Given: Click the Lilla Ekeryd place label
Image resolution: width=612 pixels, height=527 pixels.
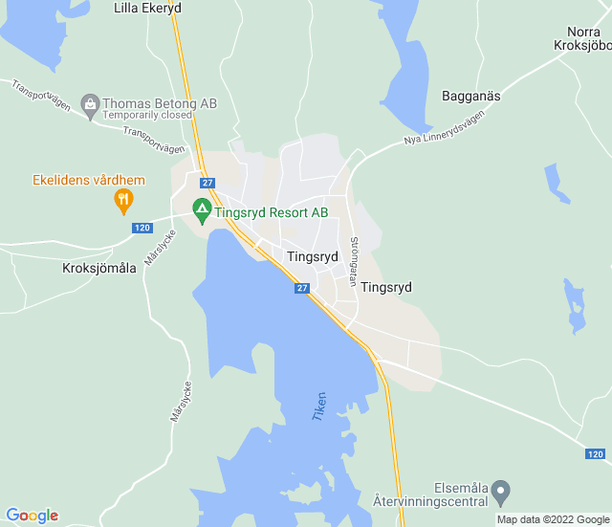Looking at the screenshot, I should pyautogui.click(x=147, y=8).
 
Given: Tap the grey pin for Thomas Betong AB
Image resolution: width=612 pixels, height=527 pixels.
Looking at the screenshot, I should pyautogui.click(x=90, y=103).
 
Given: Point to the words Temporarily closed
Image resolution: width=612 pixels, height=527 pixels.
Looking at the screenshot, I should pyautogui.click(x=148, y=115).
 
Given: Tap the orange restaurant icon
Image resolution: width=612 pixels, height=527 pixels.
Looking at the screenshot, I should pyautogui.click(x=122, y=201).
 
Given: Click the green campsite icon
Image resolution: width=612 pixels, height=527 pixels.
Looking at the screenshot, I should pyautogui.click(x=202, y=209).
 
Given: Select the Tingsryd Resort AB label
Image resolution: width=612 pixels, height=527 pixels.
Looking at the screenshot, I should pyautogui.click(x=272, y=212).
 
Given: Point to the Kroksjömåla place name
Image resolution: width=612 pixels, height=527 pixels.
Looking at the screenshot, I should pyautogui.click(x=99, y=268).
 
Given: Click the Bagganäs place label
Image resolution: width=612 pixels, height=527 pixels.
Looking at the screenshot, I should pyautogui.click(x=471, y=96).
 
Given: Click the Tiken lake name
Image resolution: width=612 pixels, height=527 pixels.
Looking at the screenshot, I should pyautogui.click(x=319, y=406).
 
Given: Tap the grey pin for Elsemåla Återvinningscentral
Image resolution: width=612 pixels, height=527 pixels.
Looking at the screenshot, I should pyautogui.click(x=501, y=493).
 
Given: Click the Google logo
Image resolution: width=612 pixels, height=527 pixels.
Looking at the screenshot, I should pyautogui.click(x=32, y=516).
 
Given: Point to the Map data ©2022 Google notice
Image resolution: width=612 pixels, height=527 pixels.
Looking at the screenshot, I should pyautogui.click(x=552, y=520).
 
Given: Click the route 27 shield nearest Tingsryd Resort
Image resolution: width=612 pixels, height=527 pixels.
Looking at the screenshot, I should pyautogui.click(x=208, y=183).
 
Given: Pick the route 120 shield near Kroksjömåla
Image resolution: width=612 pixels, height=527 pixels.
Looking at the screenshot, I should pyautogui.click(x=142, y=228).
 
